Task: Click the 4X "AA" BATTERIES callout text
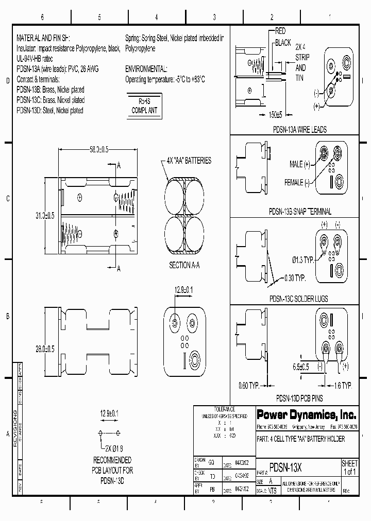[x=189, y=161]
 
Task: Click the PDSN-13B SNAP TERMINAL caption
[x=300, y=212]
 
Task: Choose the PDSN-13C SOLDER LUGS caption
[x=300, y=298]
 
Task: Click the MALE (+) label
[x=299, y=164]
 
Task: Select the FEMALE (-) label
[x=297, y=182]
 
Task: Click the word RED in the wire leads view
[x=281, y=31]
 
